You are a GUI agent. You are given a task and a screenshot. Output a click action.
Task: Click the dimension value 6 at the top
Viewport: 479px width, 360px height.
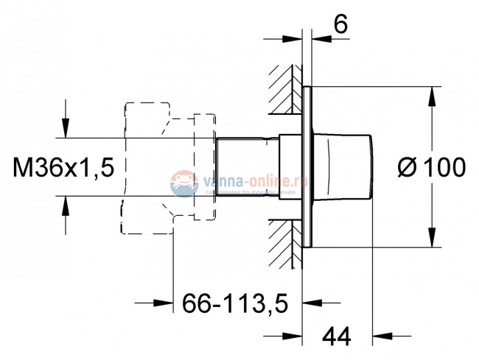[x=340, y=24]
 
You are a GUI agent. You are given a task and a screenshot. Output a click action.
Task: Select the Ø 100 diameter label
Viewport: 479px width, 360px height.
[x=432, y=169]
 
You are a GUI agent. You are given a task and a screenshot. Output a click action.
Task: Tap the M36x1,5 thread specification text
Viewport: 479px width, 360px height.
[x=64, y=169]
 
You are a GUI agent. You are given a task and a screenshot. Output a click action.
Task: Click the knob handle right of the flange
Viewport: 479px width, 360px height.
[x=346, y=166]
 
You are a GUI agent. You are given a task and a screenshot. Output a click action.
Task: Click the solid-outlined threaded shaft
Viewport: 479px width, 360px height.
[x=247, y=166]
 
